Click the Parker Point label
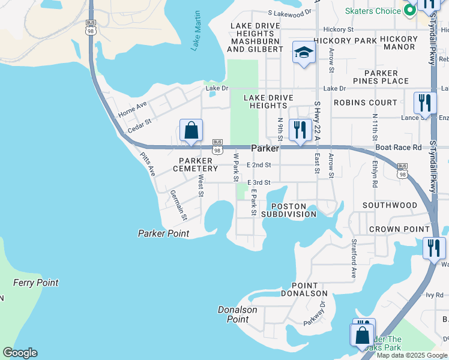click(x=163, y=233)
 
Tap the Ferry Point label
click(x=36, y=283)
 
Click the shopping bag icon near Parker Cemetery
click(x=191, y=130)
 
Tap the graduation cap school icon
click(x=304, y=53)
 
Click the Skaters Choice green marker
click(x=410, y=10)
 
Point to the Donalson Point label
click(x=238, y=314)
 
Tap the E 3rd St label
click(x=259, y=182)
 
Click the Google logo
click(x=20, y=353)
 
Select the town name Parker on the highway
click(x=265, y=148)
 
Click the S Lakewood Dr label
click(x=290, y=11)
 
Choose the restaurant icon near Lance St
click(x=424, y=102)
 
